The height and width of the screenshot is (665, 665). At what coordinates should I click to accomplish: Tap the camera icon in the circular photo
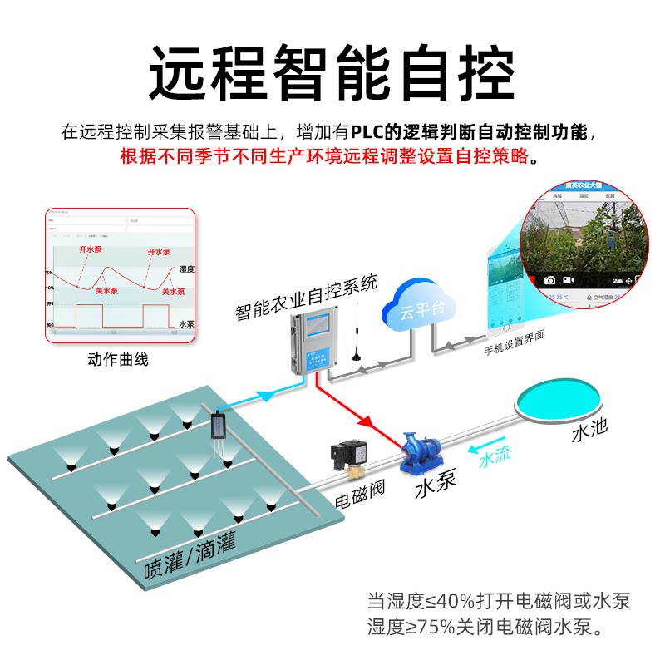point(549,280)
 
